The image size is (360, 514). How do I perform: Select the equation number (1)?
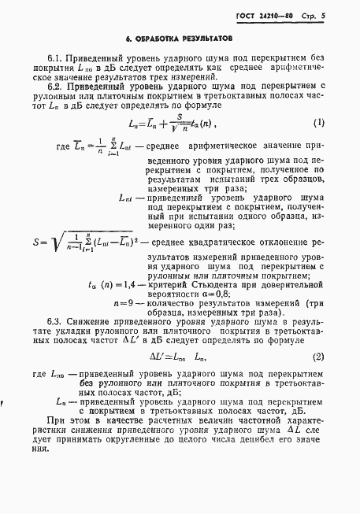pyautogui.click(x=318, y=123)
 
